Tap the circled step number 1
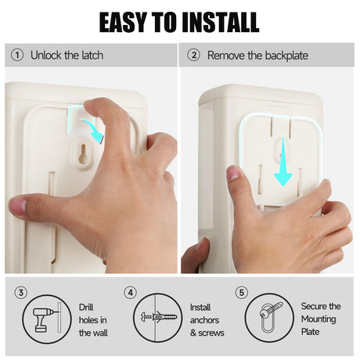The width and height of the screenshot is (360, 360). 16,56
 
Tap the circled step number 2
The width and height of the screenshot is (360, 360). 193,56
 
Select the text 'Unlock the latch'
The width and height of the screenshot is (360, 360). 67,56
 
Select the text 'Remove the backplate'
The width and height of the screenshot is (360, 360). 257,56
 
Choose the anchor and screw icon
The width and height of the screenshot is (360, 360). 157,319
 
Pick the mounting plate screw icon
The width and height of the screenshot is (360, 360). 268,319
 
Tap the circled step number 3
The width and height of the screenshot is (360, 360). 21,293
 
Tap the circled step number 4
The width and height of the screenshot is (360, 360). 131,293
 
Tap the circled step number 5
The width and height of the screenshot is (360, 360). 241,293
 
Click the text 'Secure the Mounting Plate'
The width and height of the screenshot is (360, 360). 321,319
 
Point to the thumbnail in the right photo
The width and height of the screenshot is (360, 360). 234,174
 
